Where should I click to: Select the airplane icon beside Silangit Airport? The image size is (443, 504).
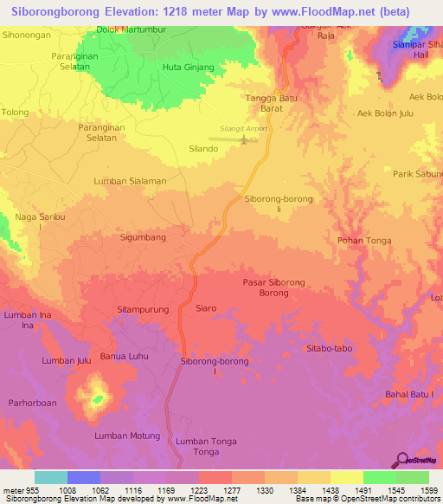pos(244,140)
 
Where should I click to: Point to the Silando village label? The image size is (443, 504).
pos(203,149)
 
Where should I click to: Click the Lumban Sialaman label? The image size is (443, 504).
pos(130,181)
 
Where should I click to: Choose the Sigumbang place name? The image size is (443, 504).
pos(143,236)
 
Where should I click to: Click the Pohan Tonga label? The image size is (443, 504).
pos(362,242)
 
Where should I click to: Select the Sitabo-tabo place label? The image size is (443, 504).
pos(329,347)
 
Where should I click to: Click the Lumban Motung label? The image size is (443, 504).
pos(128,436)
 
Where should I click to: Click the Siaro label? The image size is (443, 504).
pos(206,308)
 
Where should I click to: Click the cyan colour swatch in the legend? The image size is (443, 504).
pos(51,477)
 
